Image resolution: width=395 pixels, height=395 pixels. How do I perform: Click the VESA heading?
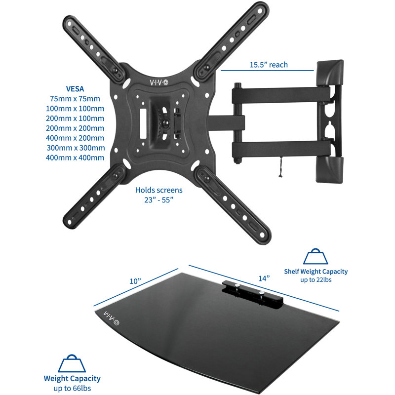pos(75,89)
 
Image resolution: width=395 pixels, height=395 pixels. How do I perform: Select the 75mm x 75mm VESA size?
pos(75,99)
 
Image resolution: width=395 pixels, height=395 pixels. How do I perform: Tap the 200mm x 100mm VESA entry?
pos(75,118)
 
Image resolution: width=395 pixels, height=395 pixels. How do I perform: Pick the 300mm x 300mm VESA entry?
pos(76,148)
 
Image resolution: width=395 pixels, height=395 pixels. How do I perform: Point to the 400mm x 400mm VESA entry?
pos(75,158)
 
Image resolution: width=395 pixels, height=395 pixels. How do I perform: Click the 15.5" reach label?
pos(269,65)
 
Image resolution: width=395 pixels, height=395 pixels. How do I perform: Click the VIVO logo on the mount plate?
pos(159,82)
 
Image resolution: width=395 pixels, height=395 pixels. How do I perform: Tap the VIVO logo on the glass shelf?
pos(111,318)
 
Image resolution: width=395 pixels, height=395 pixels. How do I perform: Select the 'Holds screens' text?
pos(158,190)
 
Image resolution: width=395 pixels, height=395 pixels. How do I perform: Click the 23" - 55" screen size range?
pos(158,200)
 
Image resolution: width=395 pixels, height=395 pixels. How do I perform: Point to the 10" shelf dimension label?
pos(135,281)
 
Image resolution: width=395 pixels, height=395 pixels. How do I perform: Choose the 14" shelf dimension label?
pos(264,278)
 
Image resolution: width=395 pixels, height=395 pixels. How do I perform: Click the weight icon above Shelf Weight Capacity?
pos(316,256)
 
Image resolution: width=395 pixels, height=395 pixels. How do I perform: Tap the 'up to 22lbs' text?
pos(316,280)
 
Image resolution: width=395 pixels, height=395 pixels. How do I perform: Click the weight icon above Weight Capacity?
pos(72,363)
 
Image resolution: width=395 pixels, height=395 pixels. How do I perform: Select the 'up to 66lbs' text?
pos(72,388)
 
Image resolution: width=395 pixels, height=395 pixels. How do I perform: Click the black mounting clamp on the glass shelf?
pos(252,294)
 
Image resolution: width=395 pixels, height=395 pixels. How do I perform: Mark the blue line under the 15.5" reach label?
pos(267,71)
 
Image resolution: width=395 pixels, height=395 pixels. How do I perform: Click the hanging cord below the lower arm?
pos(280,167)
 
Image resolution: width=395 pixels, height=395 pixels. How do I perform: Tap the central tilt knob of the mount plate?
pos(165,123)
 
